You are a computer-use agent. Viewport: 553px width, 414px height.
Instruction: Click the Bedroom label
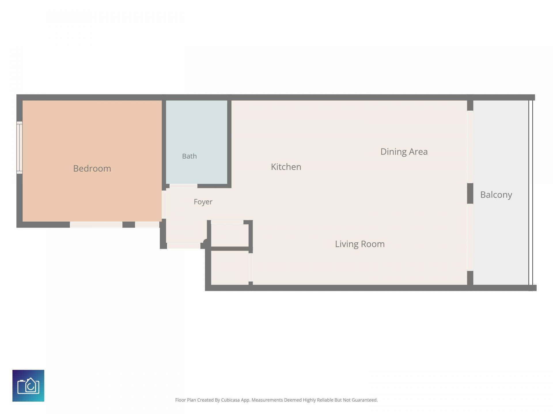click(92, 168)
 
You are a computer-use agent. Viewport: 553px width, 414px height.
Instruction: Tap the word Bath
click(189, 156)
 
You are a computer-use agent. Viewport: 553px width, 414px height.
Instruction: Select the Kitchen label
click(286, 167)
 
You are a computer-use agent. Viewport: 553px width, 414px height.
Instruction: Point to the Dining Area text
click(404, 152)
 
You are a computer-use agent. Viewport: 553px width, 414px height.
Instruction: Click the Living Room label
click(360, 244)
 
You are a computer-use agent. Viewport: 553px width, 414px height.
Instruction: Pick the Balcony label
click(496, 195)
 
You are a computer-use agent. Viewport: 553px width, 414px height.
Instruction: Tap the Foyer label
click(203, 202)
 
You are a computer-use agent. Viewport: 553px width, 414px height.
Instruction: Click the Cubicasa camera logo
click(28, 386)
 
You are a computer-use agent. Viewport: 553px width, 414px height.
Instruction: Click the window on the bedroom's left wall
click(19, 147)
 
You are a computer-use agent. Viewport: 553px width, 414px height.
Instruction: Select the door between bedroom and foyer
click(164, 205)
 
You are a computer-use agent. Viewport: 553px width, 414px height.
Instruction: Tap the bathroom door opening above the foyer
click(183, 186)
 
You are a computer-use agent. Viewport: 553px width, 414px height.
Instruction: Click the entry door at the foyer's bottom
click(183, 246)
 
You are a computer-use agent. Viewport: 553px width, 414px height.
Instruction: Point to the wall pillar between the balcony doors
click(470, 193)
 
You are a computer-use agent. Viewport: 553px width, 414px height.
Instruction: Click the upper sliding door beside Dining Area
click(470, 147)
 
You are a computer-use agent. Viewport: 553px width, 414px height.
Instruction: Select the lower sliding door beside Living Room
click(470, 237)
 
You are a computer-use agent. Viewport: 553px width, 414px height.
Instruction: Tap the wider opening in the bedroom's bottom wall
click(96, 225)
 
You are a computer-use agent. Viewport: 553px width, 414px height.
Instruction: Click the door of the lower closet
click(251, 267)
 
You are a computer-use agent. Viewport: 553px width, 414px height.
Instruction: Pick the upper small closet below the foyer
click(230, 235)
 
